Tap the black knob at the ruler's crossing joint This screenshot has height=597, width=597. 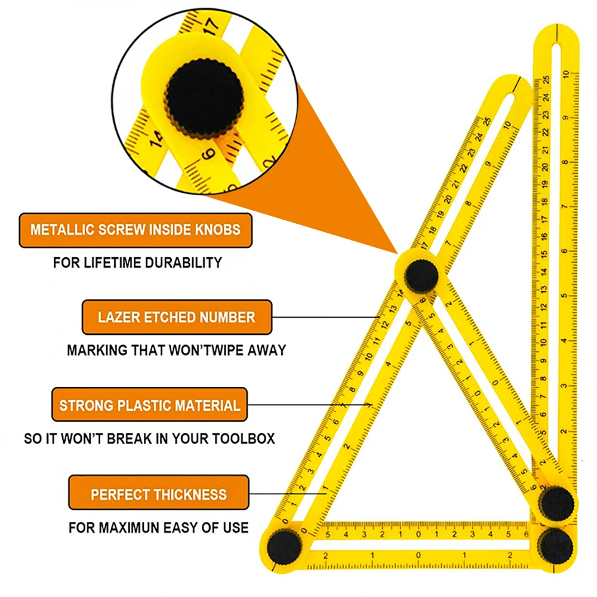pyautogui.click(x=421, y=275)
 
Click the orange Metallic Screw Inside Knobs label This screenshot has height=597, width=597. pyautogui.click(x=136, y=230)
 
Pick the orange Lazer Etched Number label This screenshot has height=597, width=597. pyautogui.click(x=176, y=317)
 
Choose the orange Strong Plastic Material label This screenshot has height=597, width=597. pyautogui.click(x=149, y=405)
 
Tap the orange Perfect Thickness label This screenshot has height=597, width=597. pyautogui.click(x=158, y=494)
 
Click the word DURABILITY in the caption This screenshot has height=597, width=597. pyautogui.click(x=180, y=262)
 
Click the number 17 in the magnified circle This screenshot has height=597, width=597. pyautogui.click(x=210, y=26)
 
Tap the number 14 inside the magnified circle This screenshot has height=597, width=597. pyautogui.click(x=156, y=139)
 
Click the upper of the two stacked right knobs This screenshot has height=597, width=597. pyautogui.click(x=557, y=503)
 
